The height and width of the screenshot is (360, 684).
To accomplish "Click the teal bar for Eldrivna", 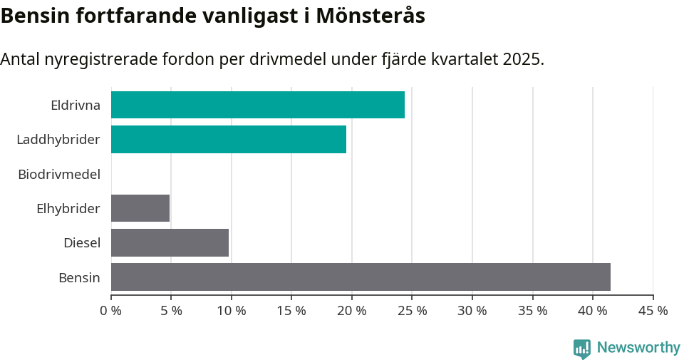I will (x=257, y=105).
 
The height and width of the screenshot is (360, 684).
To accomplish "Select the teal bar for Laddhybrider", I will (x=228, y=139).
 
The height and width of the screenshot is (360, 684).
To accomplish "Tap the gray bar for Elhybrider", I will (x=140, y=208).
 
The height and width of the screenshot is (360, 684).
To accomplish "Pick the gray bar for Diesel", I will (x=170, y=242).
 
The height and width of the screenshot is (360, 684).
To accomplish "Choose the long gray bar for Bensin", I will (x=361, y=277).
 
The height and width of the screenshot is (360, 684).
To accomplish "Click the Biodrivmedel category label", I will (x=59, y=174).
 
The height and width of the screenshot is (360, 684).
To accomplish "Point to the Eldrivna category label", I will (x=76, y=106).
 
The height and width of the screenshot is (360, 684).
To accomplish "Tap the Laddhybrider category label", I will (x=58, y=140).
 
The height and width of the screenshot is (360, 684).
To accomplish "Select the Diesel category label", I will (x=82, y=243).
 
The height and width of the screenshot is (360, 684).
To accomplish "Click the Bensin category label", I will (x=79, y=277).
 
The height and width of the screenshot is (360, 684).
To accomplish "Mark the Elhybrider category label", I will (x=68, y=209).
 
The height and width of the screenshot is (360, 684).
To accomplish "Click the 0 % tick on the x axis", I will (x=111, y=311).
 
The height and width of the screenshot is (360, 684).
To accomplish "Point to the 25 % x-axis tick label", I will (x=413, y=311).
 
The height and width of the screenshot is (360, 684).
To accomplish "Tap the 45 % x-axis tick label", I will (x=653, y=311).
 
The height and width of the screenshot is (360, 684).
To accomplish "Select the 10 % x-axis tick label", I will (x=232, y=311).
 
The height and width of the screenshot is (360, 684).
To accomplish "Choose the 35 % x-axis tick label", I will (x=533, y=311).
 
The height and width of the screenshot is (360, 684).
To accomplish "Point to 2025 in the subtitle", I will (x=522, y=59).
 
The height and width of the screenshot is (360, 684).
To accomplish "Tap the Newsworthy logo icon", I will (x=582, y=349).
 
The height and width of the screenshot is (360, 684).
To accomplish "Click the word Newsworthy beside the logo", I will (x=638, y=348).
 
